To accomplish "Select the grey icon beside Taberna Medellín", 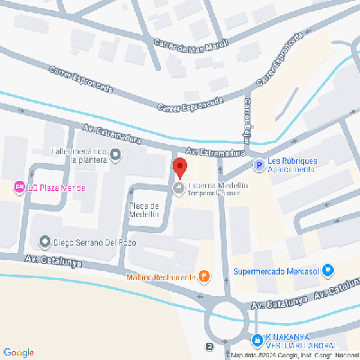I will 178,189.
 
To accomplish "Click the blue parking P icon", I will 259,165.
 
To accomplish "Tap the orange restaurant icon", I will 204,276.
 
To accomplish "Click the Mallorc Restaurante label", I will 161,276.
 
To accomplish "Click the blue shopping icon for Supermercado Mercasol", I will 328,269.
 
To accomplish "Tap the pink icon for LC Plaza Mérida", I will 19,187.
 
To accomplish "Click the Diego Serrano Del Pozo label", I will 94,241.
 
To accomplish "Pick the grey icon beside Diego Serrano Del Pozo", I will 45,241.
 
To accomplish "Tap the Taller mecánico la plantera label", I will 79,157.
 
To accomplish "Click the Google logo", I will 18,351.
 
